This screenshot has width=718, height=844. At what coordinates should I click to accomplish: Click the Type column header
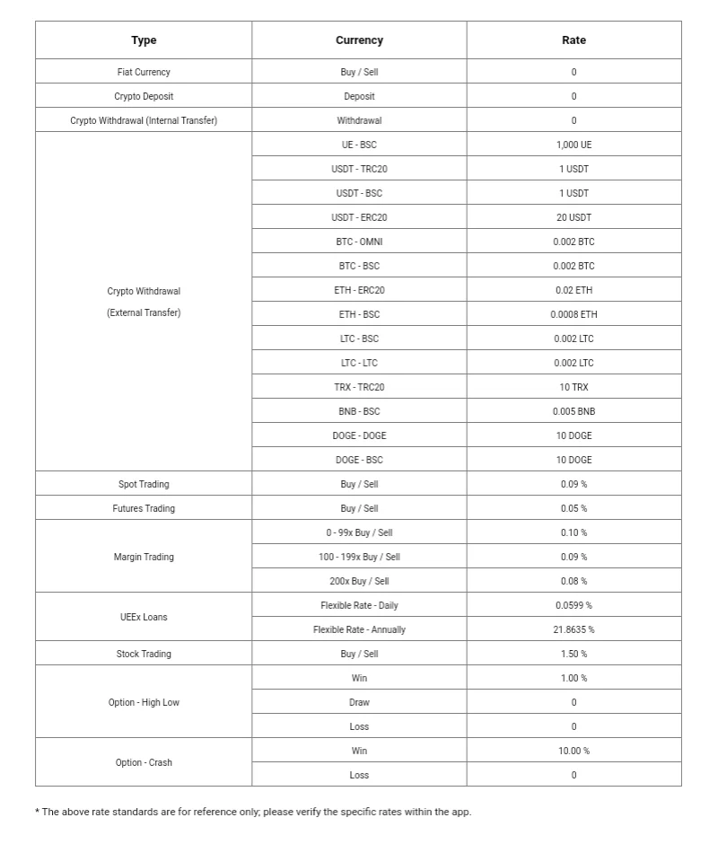click(x=144, y=40)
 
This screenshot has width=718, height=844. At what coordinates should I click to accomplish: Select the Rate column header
click(x=574, y=40)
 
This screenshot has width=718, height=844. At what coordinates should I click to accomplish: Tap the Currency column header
click(x=359, y=40)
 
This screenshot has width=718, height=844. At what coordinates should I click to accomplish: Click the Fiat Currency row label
click(x=144, y=72)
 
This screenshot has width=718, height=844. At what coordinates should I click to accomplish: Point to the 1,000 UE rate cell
click(x=574, y=145)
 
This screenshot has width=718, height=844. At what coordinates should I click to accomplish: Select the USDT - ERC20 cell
click(x=359, y=217)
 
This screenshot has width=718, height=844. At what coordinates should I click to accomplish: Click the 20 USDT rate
click(x=574, y=217)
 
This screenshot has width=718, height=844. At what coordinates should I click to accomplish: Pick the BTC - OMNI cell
click(x=359, y=242)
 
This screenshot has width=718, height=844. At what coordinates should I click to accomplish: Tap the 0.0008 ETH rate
click(x=574, y=314)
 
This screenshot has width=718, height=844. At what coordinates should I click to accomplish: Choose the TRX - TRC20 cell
click(x=359, y=387)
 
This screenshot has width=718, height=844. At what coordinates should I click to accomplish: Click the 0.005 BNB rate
click(x=574, y=411)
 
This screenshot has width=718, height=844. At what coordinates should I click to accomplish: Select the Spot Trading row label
click(x=144, y=484)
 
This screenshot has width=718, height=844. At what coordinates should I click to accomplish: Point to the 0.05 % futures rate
click(x=574, y=508)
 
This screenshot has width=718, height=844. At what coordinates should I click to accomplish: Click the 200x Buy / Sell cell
click(x=359, y=581)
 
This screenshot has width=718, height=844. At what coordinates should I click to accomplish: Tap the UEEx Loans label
click(x=144, y=617)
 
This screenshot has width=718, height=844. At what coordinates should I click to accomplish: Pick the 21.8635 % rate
click(x=574, y=629)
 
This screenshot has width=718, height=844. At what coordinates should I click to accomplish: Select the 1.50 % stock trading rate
click(x=574, y=654)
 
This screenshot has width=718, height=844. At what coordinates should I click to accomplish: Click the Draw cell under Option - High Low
click(x=359, y=702)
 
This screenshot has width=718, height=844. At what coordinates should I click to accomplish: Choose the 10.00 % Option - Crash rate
click(x=574, y=751)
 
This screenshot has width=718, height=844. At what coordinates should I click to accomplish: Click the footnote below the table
click(x=253, y=812)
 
